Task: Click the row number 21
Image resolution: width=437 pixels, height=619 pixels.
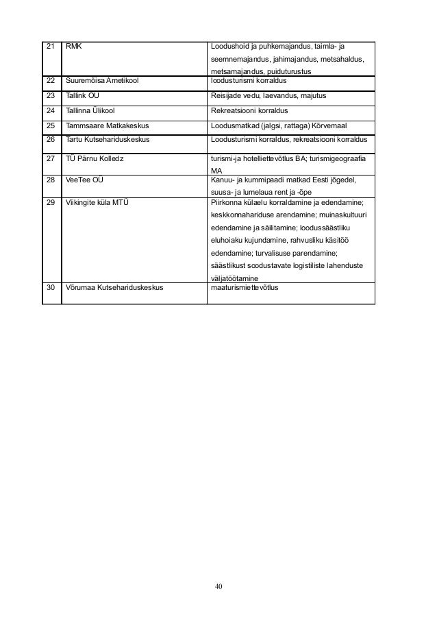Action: coord(49,47)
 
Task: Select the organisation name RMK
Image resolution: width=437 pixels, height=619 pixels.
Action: coord(72,47)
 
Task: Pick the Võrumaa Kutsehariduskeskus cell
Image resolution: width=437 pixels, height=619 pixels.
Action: coord(114,288)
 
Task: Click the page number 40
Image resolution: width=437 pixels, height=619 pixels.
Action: coord(218,587)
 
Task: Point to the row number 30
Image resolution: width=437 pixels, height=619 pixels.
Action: coord(50,288)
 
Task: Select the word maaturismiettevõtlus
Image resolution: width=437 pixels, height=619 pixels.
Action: coord(247,288)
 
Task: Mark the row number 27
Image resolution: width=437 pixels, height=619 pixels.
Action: coord(49,157)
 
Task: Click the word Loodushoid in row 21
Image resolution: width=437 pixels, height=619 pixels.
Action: coord(227,47)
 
